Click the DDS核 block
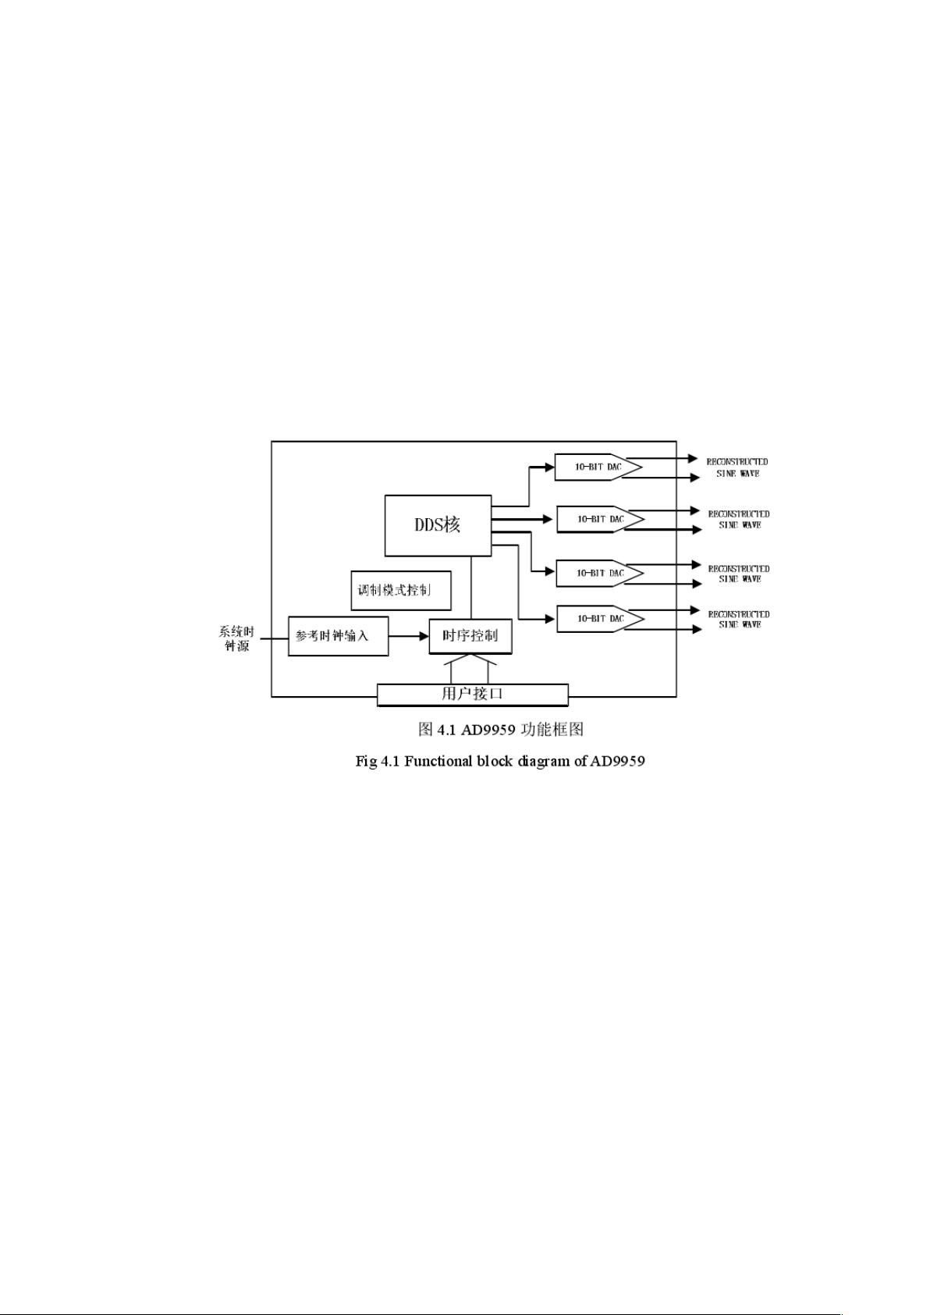(438, 525)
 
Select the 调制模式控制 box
(401, 589)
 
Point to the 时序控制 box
(470, 636)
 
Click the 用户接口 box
(472, 694)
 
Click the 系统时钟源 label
(236, 638)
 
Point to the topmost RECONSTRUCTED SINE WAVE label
(737, 467)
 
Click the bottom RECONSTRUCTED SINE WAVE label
(739, 619)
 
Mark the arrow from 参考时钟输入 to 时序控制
(409, 636)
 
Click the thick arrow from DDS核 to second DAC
(523, 518)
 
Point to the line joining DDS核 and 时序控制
(471, 587)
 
